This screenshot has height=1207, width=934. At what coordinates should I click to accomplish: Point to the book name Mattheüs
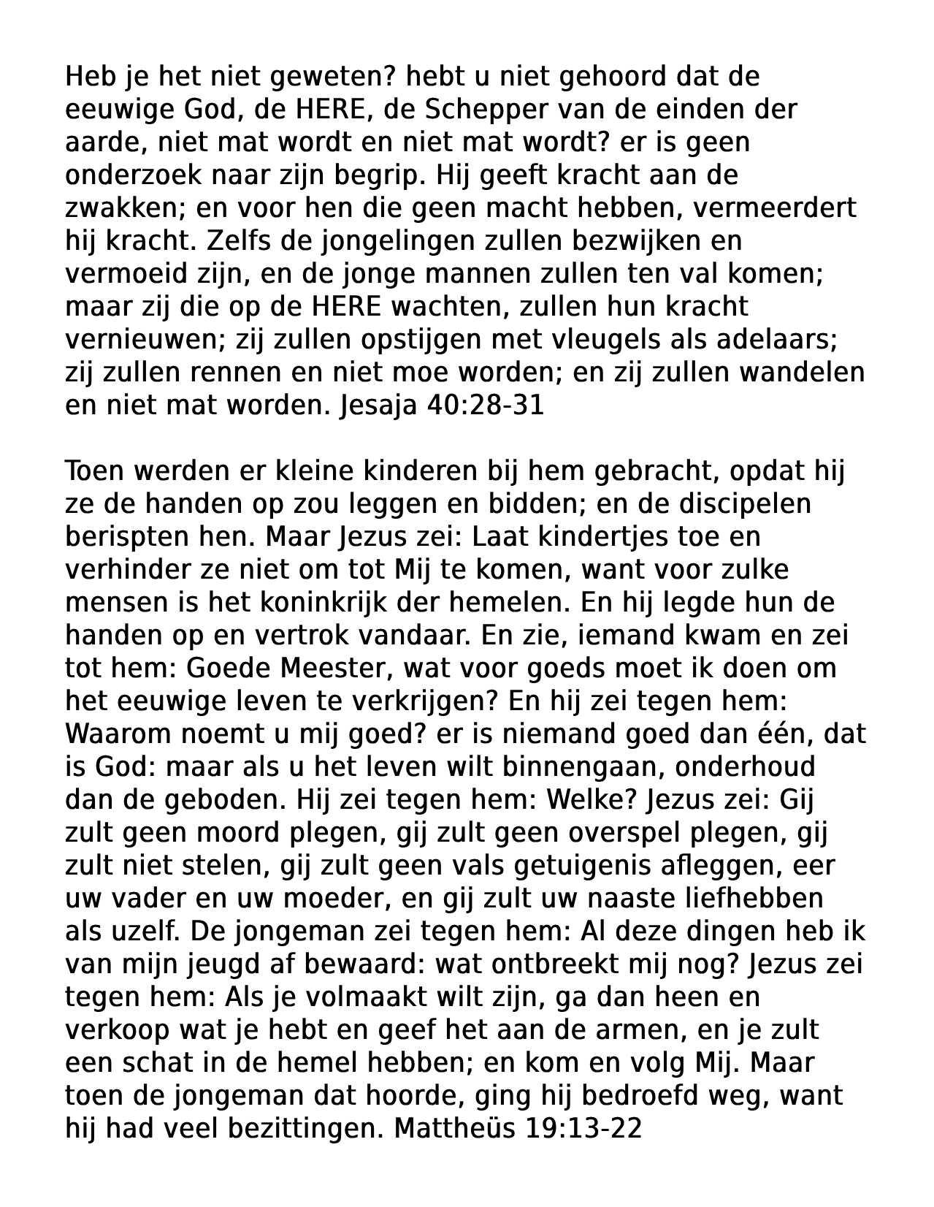click(454, 1128)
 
